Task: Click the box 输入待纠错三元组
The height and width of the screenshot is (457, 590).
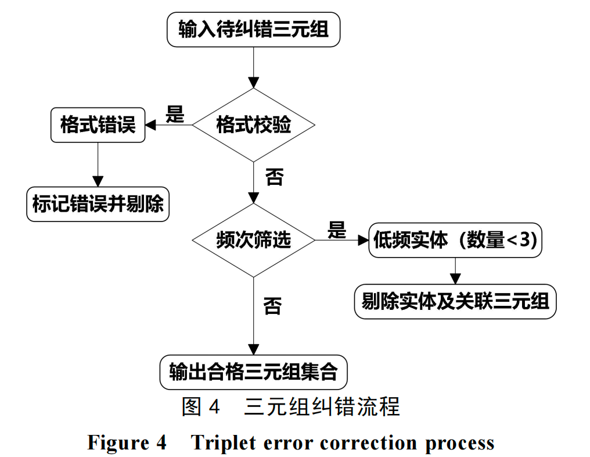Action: click(x=253, y=29)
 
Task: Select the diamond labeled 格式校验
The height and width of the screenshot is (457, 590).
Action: click(x=253, y=124)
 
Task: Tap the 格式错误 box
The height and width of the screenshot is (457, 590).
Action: click(x=98, y=124)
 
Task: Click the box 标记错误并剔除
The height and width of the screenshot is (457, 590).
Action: click(x=98, y=204)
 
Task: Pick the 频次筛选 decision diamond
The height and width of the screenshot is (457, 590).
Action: click(x=253, y=240)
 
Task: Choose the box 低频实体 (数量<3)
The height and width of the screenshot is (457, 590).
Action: click(x=455, y=240)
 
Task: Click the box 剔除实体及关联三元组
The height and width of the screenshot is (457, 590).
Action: click(x=455, y=301)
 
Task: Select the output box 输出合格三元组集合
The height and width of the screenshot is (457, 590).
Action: click(x=253, y=372)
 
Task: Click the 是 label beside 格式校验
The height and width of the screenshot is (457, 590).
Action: click(x=174, y=114)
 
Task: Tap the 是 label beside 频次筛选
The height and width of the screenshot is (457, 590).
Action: click(x=336, y=230)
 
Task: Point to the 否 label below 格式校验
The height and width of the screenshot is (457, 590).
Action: click(x=274, y=176)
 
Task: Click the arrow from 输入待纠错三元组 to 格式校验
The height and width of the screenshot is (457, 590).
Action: click(x=253, y=67)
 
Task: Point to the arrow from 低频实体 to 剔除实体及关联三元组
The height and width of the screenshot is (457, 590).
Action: click(x=455, y=270)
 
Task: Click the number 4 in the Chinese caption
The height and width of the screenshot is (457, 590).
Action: click(x=214, y=407)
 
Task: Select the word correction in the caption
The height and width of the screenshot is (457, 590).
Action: click(x=369, y=443)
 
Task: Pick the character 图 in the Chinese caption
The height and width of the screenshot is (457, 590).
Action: click(x=192, y=407)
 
